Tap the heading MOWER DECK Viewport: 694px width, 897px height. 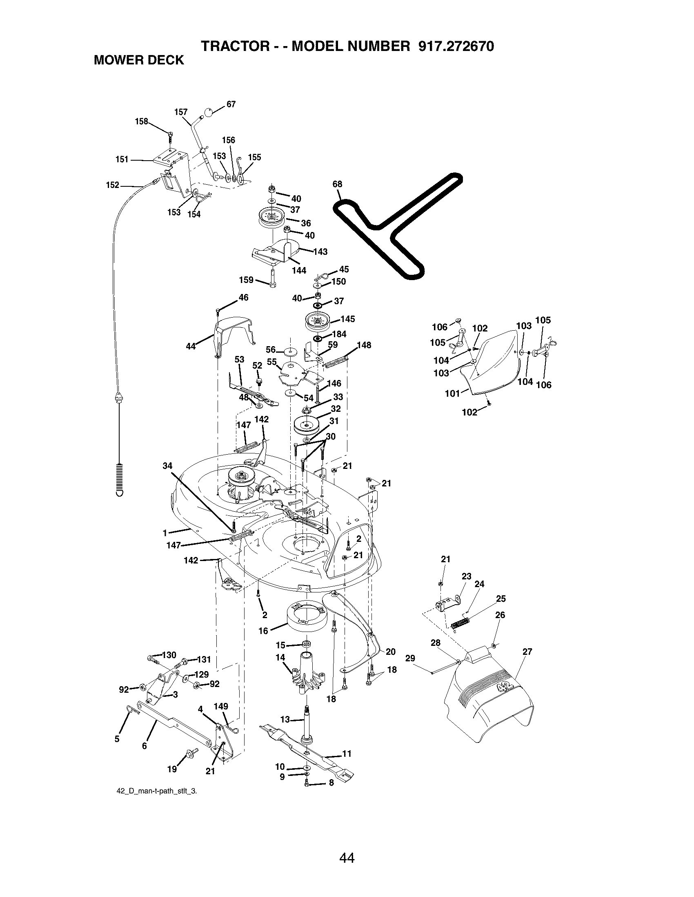coord(139,60)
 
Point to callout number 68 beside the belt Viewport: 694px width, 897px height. coord(337,184)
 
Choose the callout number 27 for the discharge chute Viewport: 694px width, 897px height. coord(527,652)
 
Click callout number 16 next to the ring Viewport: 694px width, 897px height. coord(263,631)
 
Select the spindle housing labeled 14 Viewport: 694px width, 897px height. coord(307,677)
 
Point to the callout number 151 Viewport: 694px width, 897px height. coord(122,159)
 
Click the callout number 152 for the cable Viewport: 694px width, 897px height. coord(112,185)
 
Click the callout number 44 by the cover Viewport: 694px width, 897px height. coord(191,346)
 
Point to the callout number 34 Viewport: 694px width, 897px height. coord(167,466)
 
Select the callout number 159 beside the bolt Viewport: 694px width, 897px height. coord(246,280)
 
